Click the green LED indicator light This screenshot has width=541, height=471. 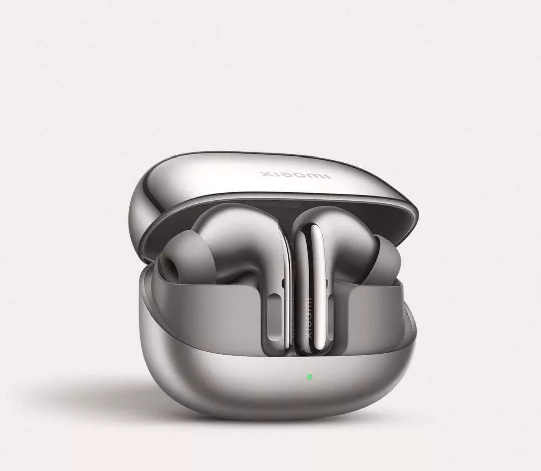pyautogui.click(x=309, y=377)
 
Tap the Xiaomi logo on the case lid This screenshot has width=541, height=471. pyautogui.click(x=296, y=174)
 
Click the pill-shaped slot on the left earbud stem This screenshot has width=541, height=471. pyautogui.click(x=275, y=317)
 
